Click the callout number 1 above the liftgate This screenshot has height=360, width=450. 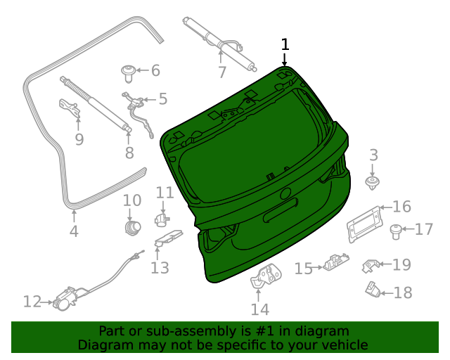(285, 44)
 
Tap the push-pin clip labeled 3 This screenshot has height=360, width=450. (373, 184)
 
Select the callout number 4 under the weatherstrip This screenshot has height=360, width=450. (74, 231)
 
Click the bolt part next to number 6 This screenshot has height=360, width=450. (128, 70)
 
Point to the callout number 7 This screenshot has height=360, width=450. (221, 72)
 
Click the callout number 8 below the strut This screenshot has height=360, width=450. (129, 153)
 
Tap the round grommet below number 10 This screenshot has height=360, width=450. (131, 227)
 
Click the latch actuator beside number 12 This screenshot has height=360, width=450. (65, 299)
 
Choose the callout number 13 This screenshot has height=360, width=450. (160, 267)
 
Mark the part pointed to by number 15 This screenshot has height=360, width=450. (333, 265)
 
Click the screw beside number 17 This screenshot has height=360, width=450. (396, 229)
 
